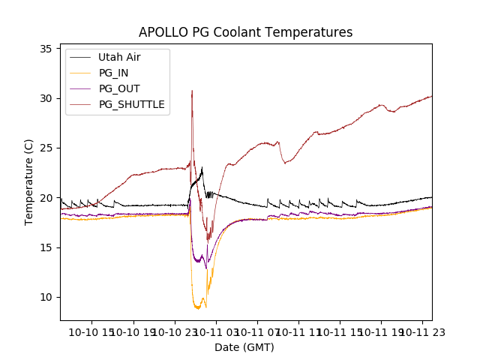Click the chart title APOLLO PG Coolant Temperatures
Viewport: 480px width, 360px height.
pos(245,32)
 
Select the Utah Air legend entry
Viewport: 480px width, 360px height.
pos(118,57)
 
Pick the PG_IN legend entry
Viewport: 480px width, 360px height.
pos(113,73)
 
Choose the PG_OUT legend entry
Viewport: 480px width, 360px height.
pos(118,88)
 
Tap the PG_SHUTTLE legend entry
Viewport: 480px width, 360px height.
pos(131,104)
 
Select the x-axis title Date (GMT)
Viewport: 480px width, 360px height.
pos(244,347)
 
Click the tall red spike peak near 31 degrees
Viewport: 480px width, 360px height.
pos(192,91)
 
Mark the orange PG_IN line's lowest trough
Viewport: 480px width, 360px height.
pos(198,308)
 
